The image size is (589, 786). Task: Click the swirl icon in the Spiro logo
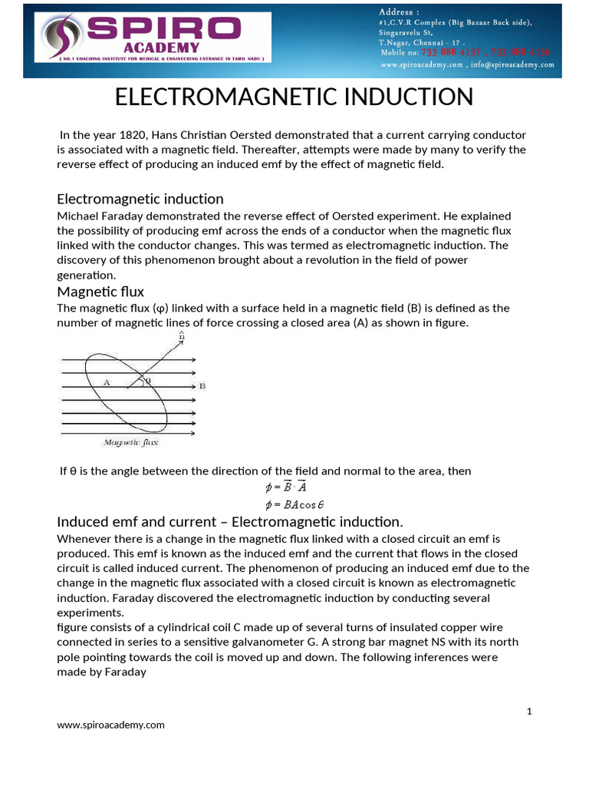(61, 37)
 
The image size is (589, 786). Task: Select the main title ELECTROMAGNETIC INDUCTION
(294, 97)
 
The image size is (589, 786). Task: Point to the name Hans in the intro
(169, 134)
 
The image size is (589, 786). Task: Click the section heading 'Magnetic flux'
(100, 292)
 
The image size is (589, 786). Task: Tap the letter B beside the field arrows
(202, 386)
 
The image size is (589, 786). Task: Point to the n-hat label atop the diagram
(180, 336)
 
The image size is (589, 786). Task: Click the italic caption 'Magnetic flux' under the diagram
(130, 442)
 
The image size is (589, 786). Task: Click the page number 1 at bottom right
(528, 712)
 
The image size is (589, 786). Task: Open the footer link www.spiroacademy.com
(110, 725)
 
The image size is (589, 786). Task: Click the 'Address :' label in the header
(400, 12)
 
